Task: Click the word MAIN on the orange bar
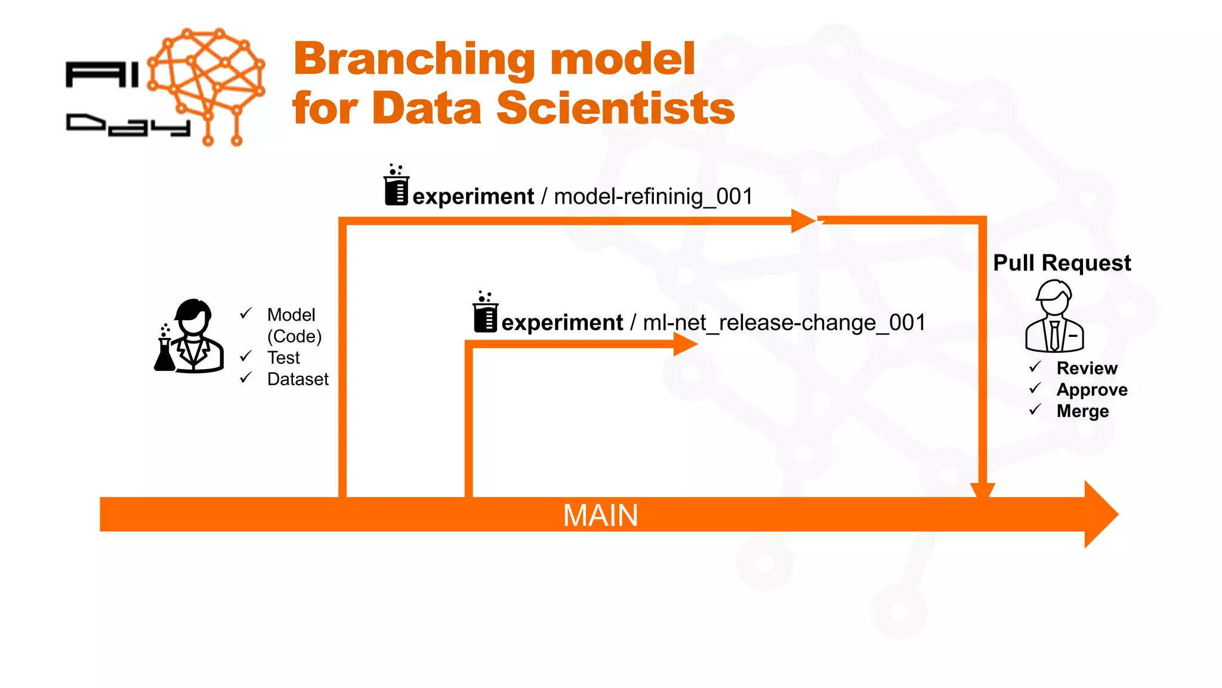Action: pyautogui.click(x=600, y=515)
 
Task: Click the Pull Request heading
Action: pyautogui.click(x=1061, y=263)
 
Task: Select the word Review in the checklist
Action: pyautogui.click(x=1087, y=368)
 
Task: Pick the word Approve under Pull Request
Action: pyautogui.click(x=1091, y=389)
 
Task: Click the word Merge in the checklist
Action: pyautogui.click(x=1082, y=411)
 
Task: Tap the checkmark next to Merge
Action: pyautogui.click(x=1035, y=410)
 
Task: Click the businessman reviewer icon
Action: pyautogui.click(x=1054, y=317)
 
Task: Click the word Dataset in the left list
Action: pyautogui.click(x=298, y=379)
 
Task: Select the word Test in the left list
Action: pyautogui.click(x=283, y=358)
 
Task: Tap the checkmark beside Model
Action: pyautogui.click(x=245, y=314)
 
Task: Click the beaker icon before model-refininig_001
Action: pyautogui.click(x=396, y=186)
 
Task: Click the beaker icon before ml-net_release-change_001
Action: pyautogui.click(x=485, y=312)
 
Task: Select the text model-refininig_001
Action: pyautogui.click(x=653, y=196)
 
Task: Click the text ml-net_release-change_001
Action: pyautogui.click(x=784, y=322)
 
